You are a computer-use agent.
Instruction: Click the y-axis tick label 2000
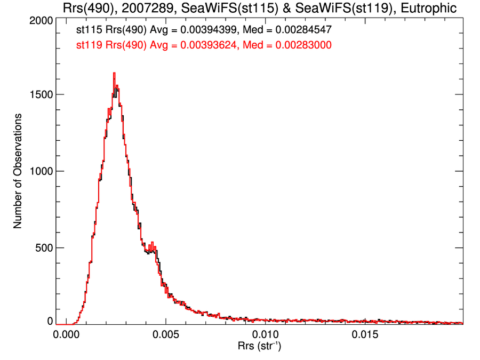pyautogui.click(x=40, y=20)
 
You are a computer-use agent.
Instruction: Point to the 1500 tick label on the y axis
pyautogui.click(x=40, y=94)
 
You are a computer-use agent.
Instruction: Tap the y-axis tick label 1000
pyautogui.click(x=40, y=171)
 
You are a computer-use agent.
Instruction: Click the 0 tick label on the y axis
pyautogui.click(x=50, y=321)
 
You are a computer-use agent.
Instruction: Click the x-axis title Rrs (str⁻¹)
pyautogui.click(x=260, y=348)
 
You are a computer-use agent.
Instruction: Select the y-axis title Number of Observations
pyautogui.click(x=18, y=171)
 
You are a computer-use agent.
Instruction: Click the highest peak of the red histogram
pyautogui.click(x=114, y=74)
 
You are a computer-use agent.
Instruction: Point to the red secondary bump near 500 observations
pyautogui.click(x=153, y=245)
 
